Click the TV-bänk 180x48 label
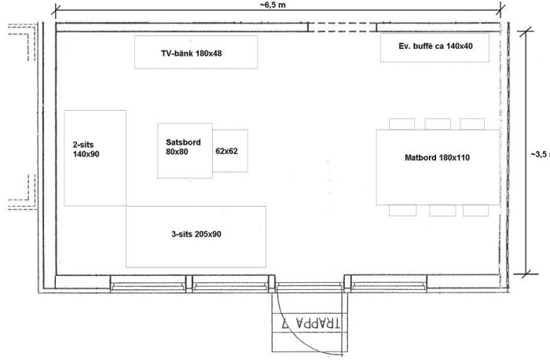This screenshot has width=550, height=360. pos(192,53)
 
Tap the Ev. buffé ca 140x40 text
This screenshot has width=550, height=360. pos(435,46)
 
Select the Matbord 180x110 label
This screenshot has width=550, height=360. pos(437,157)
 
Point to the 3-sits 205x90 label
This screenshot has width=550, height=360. pos(196,234)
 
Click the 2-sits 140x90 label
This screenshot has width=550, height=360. pos(86,149)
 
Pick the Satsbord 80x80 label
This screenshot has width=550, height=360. pos(183,147)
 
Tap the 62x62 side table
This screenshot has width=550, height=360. pos(230,151)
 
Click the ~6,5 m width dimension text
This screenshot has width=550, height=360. pos(273,5)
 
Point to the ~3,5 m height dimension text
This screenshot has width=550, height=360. pos(540,154)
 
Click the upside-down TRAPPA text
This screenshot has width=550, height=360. pos(311,323)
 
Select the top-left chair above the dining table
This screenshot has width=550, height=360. pos(401,124)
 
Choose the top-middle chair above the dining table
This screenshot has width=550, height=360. pos(438,124)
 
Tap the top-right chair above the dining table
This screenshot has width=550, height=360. pos(472,124)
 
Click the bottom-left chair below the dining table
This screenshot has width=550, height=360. pos(402,210)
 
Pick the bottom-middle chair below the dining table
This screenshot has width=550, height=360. pos(442,211)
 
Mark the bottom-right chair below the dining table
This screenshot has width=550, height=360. pos(475,211)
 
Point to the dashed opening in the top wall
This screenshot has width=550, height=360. pos(343,27)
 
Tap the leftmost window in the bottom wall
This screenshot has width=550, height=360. pos(148,284)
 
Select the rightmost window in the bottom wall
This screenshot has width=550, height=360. pos(389,284)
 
